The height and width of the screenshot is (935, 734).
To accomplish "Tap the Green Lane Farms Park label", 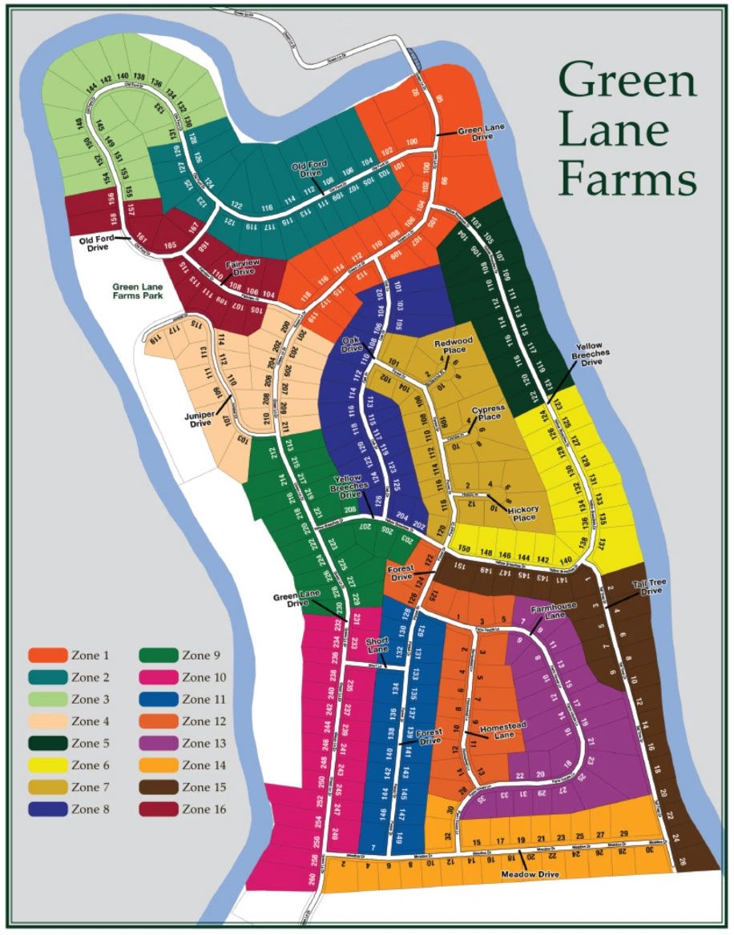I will (138, 290).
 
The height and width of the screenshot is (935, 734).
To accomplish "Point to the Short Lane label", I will (377, 646).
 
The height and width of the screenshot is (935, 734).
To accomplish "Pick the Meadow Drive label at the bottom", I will (528, 874).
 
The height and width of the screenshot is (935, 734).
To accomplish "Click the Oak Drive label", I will (353, 344).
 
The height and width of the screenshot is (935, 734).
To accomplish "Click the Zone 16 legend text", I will (204, 809).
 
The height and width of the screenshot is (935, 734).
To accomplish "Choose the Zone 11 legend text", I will (204, 700).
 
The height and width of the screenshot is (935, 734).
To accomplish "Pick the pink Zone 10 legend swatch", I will (158, 678).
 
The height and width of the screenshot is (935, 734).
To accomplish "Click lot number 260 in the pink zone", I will (311, 878).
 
